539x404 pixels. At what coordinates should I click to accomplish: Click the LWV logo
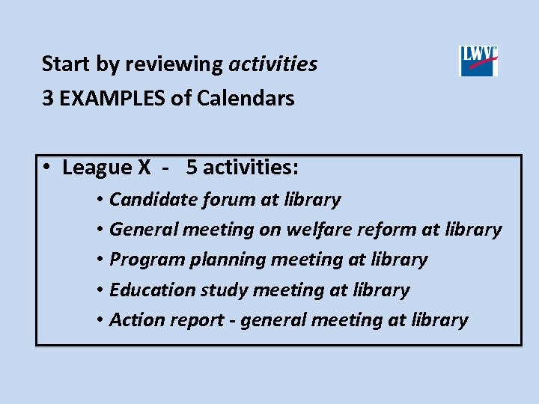coord(478,61)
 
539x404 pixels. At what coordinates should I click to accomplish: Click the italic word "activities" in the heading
coord(272,64)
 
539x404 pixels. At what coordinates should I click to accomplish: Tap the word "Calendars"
coord(246,98)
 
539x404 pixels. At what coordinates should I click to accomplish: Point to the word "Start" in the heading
coord(67,64)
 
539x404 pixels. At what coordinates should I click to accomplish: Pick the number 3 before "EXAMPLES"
coord(48,98)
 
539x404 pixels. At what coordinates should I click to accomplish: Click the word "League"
coord(96,168)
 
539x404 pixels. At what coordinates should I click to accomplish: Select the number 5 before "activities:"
coord(192,168)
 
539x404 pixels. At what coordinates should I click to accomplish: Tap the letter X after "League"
coord(144,168)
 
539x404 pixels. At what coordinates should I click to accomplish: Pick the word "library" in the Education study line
coord(381,290)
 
